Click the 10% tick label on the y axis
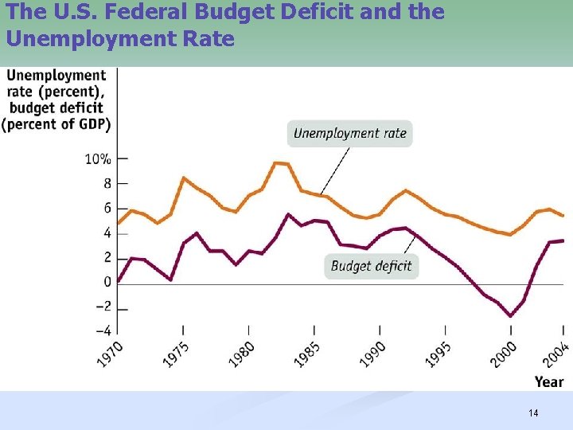(98, 158)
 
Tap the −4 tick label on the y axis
(103, 331)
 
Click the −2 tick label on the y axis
(103, 307)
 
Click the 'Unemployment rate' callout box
(350, 133)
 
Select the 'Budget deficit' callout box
(371, 266)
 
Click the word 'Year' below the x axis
(549, 382)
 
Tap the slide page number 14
(533, 412)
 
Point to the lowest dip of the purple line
(511, 316)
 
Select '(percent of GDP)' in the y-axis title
(57, 123)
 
